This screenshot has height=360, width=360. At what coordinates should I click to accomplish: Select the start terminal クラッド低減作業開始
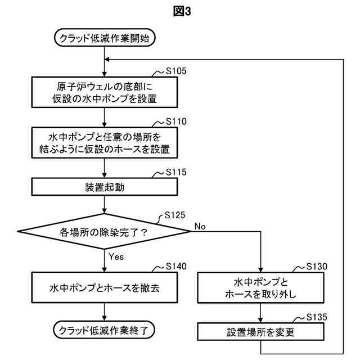click(x=105, y=38)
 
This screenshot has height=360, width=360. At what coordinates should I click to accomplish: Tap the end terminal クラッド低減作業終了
click(x=105, y=330)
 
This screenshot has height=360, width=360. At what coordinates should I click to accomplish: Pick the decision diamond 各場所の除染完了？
click(x=105, y=231)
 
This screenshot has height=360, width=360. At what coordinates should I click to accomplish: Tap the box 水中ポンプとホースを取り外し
click(x=260, y=287)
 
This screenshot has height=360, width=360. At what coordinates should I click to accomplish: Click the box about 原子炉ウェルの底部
click(x=105, y=91)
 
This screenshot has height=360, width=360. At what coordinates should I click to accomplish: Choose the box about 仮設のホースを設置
click(x=105, y=143)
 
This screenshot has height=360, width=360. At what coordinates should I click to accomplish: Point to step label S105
click(x=176, y=72)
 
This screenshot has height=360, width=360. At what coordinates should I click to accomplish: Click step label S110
click(x=176, y=121)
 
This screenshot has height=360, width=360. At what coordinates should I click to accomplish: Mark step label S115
click(x=176, y=172)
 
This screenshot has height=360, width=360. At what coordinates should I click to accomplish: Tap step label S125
click(x=176, y=215)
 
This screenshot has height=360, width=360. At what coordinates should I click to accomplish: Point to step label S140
click(x=176, y=265)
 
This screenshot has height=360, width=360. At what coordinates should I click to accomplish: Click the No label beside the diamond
click(x=200, y=226)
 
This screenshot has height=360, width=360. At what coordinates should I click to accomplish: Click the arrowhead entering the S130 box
click(x=260, y=270)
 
